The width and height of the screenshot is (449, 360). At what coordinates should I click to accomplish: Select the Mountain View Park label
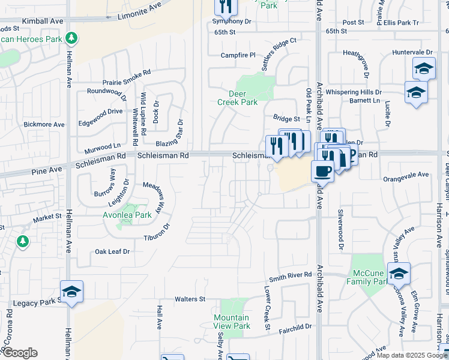232,322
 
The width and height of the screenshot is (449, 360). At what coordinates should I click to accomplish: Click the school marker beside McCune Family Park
399,274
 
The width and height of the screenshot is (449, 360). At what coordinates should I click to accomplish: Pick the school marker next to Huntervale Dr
424,68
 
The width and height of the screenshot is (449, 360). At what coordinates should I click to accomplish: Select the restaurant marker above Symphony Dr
226,7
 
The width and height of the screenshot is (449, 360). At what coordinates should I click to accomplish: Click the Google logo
19,353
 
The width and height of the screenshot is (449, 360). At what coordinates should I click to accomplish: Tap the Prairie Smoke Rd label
126,77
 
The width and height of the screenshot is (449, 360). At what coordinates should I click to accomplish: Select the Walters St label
190,299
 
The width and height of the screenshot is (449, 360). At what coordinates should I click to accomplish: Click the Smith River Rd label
291,277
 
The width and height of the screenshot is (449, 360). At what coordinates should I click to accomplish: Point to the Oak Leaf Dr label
112,252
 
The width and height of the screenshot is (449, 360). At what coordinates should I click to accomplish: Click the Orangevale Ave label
406,175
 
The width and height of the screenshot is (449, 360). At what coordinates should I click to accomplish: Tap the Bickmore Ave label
44,124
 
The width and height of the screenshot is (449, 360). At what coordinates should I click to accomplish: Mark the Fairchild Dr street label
295,328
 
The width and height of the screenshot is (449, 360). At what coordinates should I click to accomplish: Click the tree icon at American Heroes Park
72,38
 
